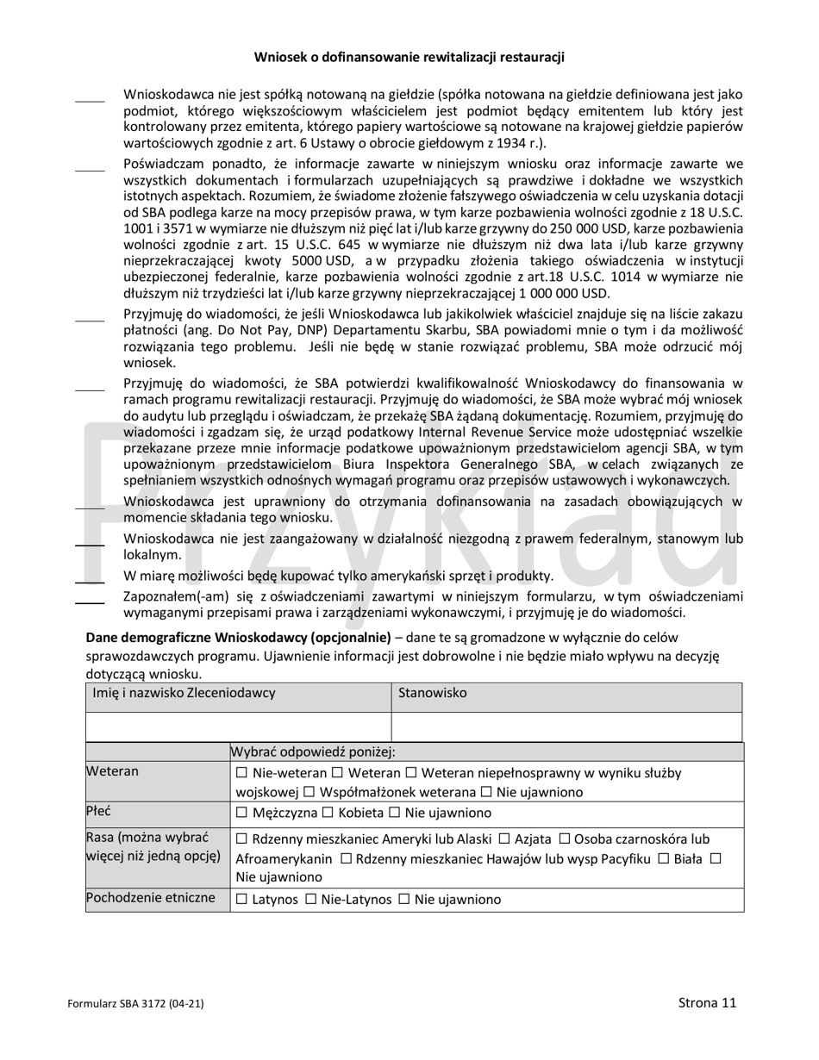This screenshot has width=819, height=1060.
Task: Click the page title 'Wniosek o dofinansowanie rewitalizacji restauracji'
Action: [409, 58]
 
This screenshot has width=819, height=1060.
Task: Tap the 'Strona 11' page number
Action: [707, 1002]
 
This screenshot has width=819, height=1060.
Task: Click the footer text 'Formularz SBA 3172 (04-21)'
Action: [136, 1003]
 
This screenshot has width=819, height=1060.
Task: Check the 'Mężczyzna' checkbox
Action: [241, 813]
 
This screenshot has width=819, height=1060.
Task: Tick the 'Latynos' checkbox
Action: [241, 900]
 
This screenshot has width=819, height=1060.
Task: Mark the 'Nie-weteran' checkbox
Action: [241, 774]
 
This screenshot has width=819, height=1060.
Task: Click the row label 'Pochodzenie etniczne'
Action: [150, 899]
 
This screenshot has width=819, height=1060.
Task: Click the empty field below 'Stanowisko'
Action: [566, 726]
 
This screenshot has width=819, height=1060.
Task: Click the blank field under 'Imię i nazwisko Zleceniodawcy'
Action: [239, 726]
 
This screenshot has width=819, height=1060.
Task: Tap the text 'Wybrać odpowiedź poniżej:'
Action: [312, 751]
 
